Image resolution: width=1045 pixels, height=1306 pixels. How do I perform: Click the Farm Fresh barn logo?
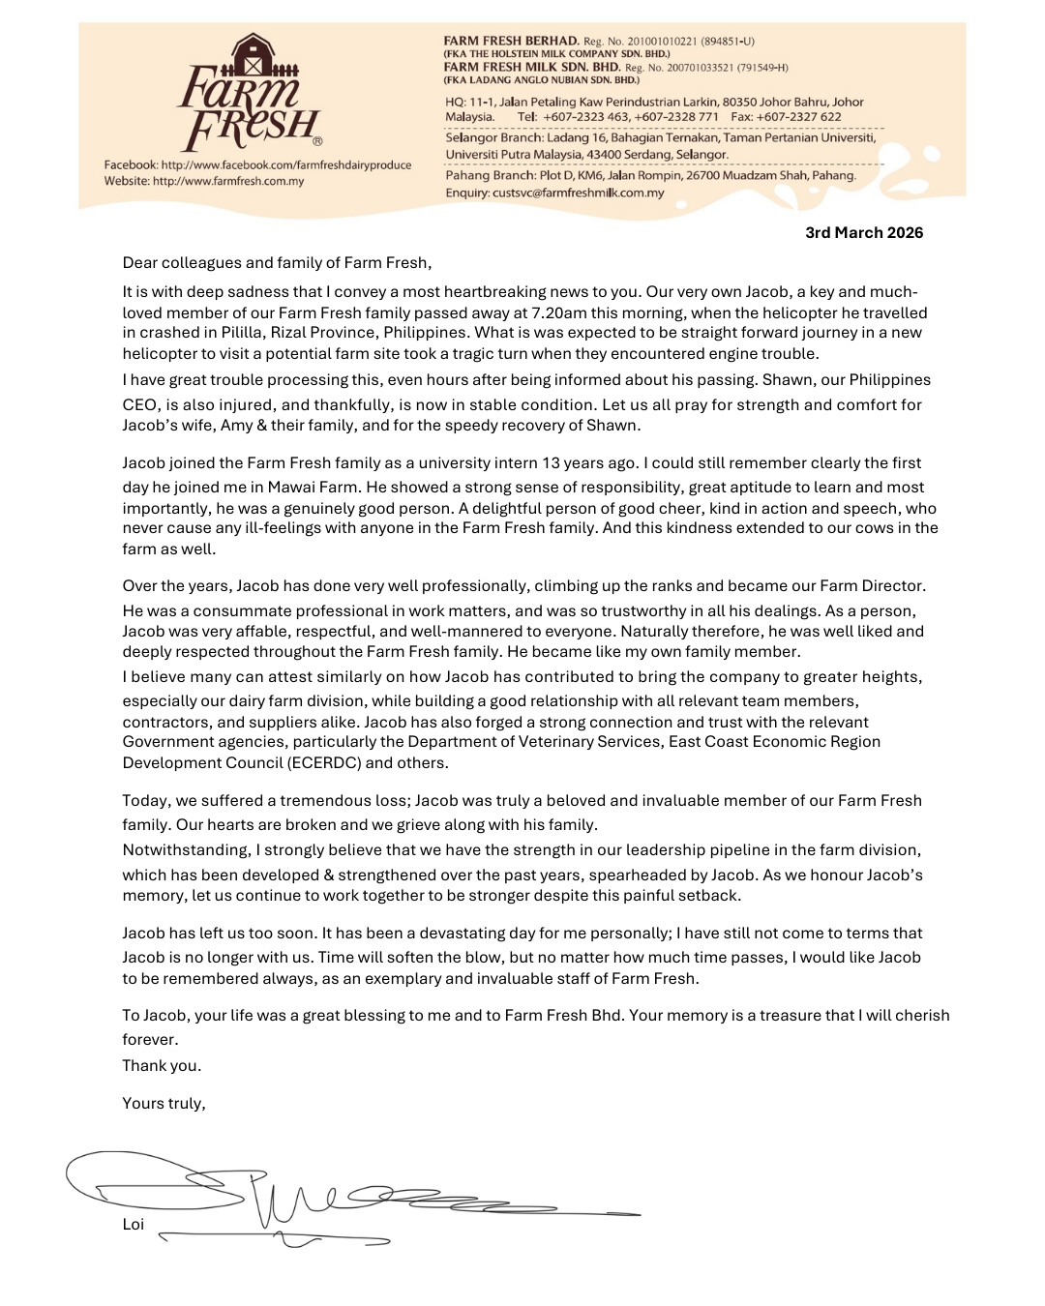pyautogui.click(x=249, y=93)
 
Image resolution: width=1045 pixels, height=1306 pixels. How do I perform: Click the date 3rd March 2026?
pyautogui.click(x=864, y=233)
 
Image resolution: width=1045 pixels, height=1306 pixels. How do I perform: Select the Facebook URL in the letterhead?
pyautogui.click(x=285, y=165)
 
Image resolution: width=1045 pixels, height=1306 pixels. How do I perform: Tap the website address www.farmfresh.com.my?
pyautogui.click(x=228, y=181)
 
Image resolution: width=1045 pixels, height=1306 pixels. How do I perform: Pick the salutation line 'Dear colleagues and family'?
pyautogui.click(x=277, y=263)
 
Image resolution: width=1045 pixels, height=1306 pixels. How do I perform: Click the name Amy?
pyautogui.click(x=245, y=425)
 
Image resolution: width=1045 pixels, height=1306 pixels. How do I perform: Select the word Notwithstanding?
pyautogui.click(x=185, y=850)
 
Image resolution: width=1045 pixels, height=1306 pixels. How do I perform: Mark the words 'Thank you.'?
pyautogui.click(x=162, y=1066)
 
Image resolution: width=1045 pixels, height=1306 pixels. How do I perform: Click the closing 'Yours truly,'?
pyautogui.click(x=164, y=1103)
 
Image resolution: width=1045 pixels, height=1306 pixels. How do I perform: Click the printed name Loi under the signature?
pyautogui.click(x=134, y=1225)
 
